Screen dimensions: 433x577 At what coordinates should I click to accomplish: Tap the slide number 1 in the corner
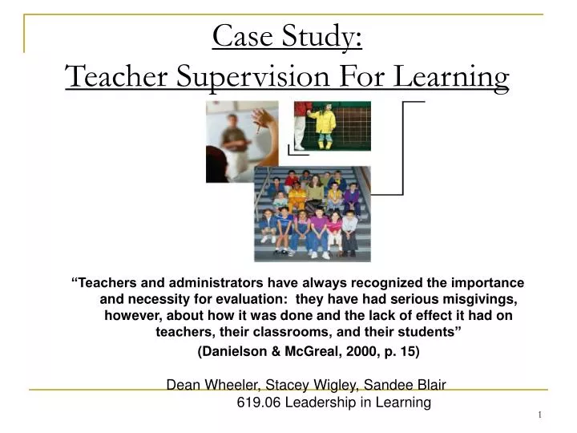point(539,414)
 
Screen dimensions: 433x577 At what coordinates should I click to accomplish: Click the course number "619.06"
point(257,402)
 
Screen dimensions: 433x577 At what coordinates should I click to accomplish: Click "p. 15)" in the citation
point(399,351)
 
